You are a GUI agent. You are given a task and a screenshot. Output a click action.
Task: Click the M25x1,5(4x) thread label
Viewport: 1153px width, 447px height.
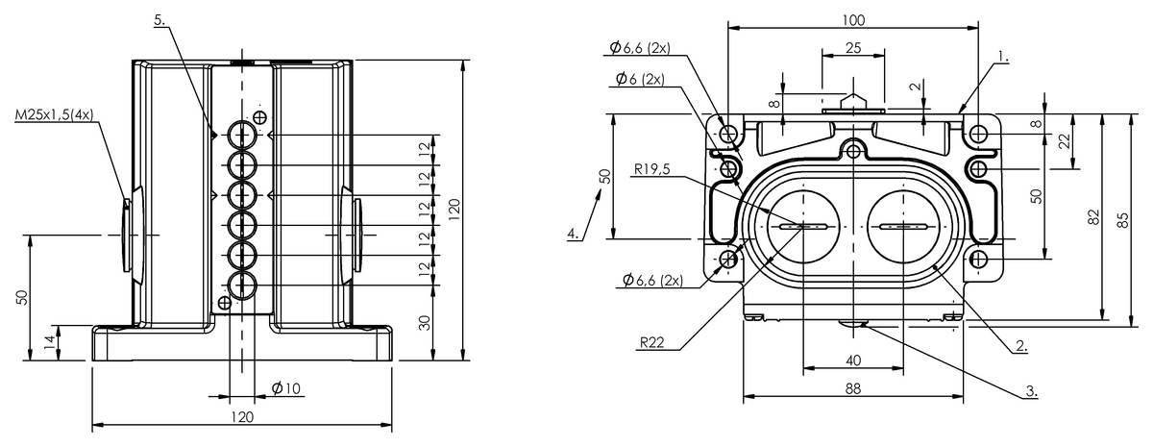pos(54,114)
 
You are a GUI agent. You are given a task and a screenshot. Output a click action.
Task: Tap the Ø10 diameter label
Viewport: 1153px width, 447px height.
pos(285,387)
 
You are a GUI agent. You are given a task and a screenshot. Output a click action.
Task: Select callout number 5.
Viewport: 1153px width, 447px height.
pos(159,20)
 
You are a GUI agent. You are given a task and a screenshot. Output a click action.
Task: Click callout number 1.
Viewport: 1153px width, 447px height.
pos(1003,56)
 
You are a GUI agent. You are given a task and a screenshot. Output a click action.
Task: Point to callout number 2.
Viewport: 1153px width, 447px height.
pos(1021,345)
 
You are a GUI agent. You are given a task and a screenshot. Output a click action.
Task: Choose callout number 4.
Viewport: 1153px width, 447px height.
pos(574,234)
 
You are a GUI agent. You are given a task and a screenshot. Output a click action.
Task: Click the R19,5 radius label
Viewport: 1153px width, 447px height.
pos(652,169)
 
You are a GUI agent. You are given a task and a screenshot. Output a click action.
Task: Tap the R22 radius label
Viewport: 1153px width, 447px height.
pos(652,342)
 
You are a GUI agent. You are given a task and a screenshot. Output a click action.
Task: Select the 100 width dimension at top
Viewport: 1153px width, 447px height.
pos(853,20)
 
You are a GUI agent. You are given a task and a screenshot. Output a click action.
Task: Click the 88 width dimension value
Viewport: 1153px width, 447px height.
pos(853,388)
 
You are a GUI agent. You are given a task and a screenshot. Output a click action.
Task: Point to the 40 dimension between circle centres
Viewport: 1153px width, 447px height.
pos(853,360)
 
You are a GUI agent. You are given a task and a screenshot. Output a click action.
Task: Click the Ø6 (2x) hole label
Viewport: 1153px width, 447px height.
pos(640,79)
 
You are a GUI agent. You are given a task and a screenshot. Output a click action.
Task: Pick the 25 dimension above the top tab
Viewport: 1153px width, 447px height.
pos(853,48)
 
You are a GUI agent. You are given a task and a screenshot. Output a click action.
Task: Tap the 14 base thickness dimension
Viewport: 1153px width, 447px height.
pos(49,342)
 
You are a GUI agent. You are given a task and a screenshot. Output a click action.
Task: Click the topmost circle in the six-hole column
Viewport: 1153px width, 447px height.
pos(242,135)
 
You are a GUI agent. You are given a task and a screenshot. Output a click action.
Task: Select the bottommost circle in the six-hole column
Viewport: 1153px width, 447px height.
pos(242,286)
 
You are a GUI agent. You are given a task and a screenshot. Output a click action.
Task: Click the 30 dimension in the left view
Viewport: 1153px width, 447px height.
pos(425,323)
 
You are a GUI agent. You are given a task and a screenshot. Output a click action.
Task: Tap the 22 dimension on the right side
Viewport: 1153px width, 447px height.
pos(1064,140)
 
